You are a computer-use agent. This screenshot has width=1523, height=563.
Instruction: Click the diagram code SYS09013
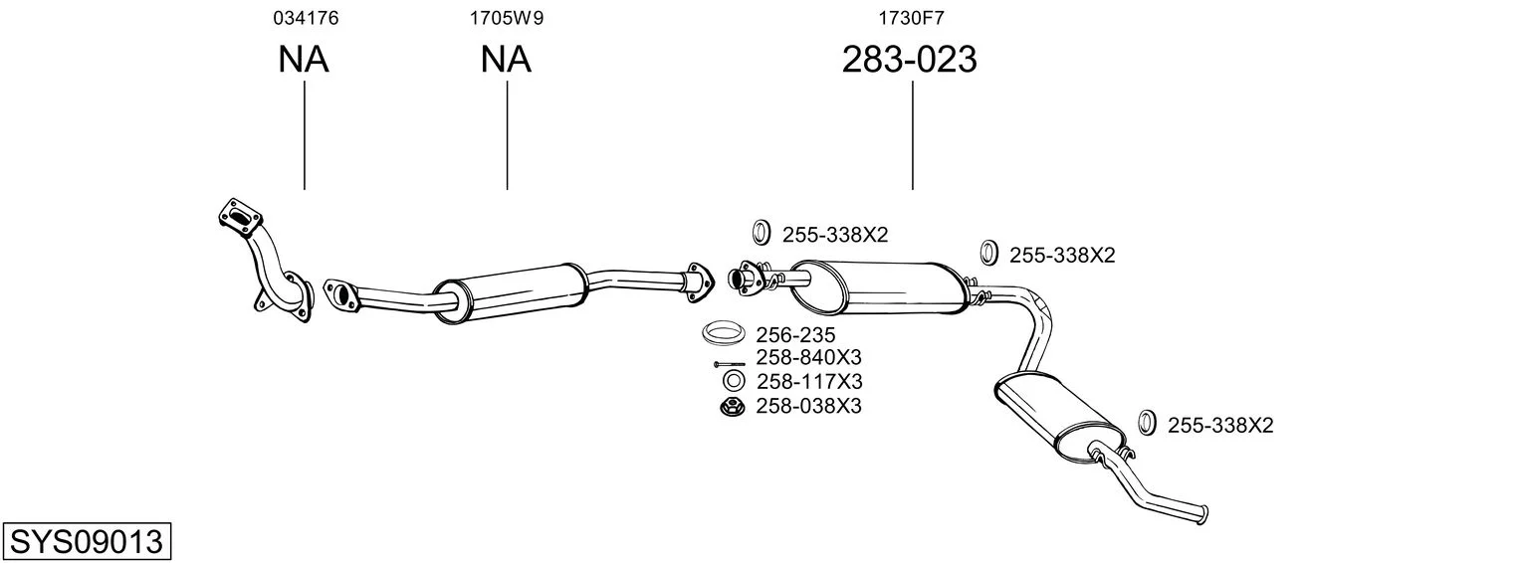[x=86, y=542]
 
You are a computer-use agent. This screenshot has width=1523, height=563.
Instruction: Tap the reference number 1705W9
[x=507, y=17]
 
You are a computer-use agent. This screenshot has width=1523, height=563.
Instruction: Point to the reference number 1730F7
[x=910, y=17]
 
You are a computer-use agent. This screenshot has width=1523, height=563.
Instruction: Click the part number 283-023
[x=909, y=60]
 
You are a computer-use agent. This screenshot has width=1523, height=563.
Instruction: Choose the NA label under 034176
[x=303, y=60]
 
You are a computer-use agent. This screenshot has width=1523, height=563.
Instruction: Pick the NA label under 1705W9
[x=506, y=60]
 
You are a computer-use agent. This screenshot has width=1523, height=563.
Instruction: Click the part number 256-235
[x=795, y=335]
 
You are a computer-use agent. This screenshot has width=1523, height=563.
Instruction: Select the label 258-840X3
[x=808, y=358]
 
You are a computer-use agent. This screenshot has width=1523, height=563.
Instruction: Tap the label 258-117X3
[x=808, y=382]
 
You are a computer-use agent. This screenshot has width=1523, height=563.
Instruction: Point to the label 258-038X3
[x=808, y=406]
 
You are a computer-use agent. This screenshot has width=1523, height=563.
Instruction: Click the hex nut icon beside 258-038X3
[x=732, y=406]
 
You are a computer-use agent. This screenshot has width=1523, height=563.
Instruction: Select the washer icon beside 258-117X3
[x=732, y=382]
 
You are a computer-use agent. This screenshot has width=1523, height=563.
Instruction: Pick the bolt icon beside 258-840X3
[x=729, y=363]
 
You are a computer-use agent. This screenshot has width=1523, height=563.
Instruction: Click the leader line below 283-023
[x=912, y=134]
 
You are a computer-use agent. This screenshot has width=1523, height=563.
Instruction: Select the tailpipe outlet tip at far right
[x=1204, y=514]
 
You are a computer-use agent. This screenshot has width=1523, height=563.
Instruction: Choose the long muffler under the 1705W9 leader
[x=510, y=287]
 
